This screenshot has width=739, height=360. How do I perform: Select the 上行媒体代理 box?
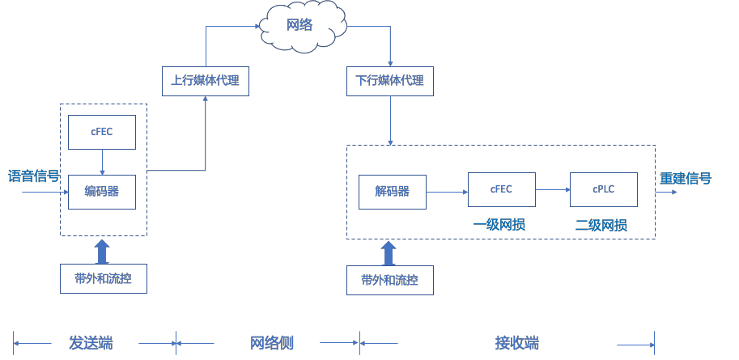(x=206, y=81)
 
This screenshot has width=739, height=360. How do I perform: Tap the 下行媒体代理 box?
(x=390, y=81)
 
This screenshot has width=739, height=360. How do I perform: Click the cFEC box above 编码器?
(x=102, y=132)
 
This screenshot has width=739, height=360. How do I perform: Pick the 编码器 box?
(x=102, y=192)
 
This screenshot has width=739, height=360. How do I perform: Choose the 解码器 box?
(x=393, y=192)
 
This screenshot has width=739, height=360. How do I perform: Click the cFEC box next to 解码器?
(x=502, y=189)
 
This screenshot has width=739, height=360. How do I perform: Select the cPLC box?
(x=604, y=189)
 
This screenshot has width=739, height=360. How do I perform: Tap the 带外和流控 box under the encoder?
(x=104, y=278)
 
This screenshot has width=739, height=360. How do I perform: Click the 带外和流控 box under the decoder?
(x=390, y=280)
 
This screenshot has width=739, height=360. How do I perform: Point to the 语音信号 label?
(x=34, y=176)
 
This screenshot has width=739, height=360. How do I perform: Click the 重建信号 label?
(x=686, y=178)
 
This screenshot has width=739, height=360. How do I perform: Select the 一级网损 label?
(x=499, y=224)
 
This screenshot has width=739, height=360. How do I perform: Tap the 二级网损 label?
(x=601, y=224)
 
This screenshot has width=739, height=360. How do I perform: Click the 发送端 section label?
(x=91, y=343)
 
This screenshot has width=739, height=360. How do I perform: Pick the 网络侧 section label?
(x=272, y=343)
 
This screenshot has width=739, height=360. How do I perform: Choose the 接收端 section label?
(x=517, y=343)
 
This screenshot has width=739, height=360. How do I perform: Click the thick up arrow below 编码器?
(x=102, y=251)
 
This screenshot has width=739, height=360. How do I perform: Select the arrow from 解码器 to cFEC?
(x=447, y=192)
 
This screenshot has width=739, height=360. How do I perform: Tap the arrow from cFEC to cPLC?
(x=553, y=189)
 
